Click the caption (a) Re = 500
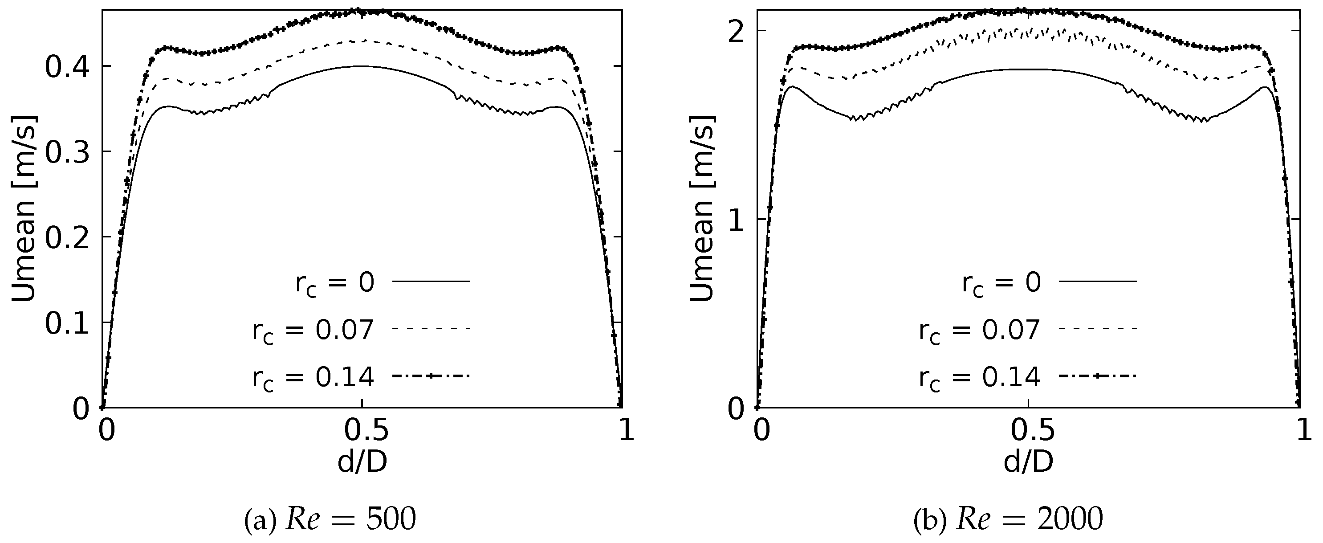330,520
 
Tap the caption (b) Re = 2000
1008,520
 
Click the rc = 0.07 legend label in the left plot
313,331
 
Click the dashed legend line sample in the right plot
1098,328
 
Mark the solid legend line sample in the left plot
432,281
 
